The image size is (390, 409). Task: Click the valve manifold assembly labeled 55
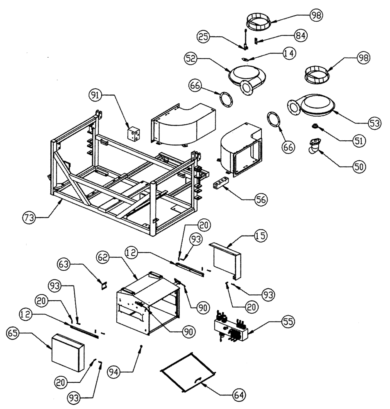pyautogui.click(x=232, y=327)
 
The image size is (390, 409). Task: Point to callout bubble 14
pyautogui.click(x=289, y=54)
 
